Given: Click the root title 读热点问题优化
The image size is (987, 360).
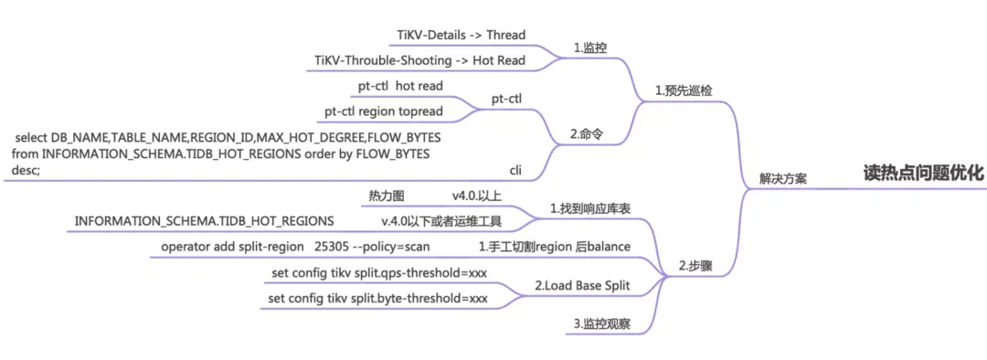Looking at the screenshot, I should [923, 173].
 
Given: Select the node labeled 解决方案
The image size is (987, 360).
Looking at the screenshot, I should [782, 178].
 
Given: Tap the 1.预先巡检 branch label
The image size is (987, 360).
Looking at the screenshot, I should [684, 91].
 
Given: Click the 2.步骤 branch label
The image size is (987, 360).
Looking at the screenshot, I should [695, 267].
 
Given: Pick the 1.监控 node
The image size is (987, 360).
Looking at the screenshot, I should [589, 48].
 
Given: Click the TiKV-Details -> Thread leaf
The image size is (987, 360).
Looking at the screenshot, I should [461, 35].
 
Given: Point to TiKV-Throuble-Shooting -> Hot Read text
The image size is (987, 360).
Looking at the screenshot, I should [432, 60].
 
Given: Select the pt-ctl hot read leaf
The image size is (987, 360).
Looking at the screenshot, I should [400, 86].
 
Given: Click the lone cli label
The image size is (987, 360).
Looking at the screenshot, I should [515, 170].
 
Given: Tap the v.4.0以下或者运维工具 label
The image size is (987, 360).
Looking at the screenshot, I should [441, 221].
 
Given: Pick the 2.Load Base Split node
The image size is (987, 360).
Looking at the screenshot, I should [581, 286].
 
